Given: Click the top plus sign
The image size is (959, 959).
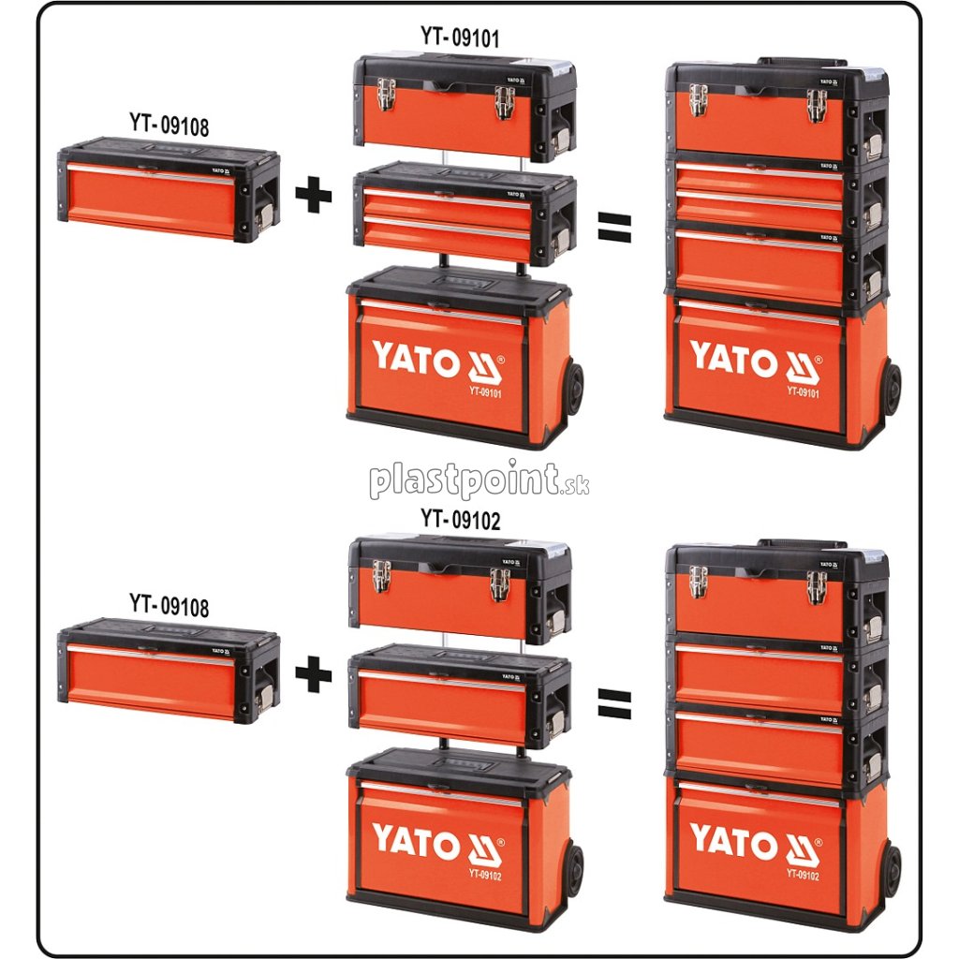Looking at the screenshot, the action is click(313, 194).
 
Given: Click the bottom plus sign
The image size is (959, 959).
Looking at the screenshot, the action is click(313, 674).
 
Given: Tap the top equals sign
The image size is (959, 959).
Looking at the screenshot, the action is click(614, 225).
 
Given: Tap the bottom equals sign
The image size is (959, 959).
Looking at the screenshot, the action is click(614, 703).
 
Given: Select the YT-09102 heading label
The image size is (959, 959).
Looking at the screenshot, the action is click(459, 520).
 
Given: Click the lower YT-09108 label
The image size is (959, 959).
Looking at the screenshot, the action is click(169, 605).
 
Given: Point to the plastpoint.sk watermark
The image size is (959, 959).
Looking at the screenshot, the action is click(479, 480).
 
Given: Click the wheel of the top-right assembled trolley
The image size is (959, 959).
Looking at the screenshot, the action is click(891, 389).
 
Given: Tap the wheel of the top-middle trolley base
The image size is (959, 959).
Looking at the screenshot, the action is click(573, 389).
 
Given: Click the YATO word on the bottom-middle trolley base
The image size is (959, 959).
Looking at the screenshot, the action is click(416, 839).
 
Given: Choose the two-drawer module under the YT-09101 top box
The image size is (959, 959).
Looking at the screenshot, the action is click(464, 214).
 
